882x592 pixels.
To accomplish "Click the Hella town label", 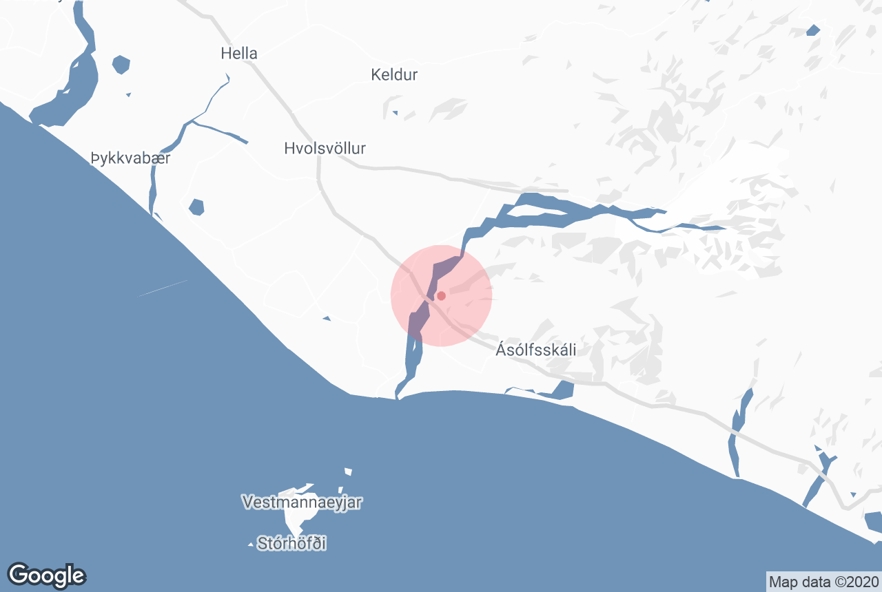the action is [x=239, y=53].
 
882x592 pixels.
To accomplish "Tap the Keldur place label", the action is [x=394, y=74].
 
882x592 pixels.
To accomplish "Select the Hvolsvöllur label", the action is [x=325, y=148].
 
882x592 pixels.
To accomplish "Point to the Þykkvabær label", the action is [x=130, y=159].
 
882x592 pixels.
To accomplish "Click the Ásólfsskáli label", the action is [x=536, y=350].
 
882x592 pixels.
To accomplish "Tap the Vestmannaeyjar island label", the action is [x=302, y=502].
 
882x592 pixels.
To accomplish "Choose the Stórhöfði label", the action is [x=291, y=544].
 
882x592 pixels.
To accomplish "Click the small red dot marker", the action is [x=442, y=296].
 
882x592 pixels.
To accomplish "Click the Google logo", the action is [x=46, y=575].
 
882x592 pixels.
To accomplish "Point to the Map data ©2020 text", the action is [x=823, y=582].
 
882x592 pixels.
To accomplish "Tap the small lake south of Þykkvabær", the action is [x=196, y=207].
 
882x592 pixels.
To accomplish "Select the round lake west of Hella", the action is [x=121, y=65].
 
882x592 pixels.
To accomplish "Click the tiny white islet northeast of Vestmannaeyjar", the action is [x=348, y=472].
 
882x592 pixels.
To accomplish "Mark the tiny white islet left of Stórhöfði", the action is [x=250, y=545].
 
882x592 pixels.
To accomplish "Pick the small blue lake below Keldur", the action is [x=394, y=113].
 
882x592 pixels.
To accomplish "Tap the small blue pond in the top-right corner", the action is [x=813, y=30].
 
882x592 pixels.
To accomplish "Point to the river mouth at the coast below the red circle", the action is [x=398, y=395].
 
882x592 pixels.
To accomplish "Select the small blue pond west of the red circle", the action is [x=327, y=318].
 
